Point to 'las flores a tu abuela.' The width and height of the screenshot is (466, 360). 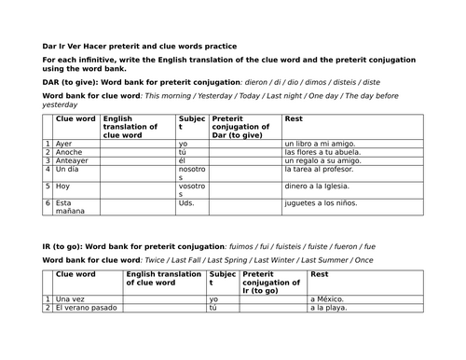tap(323, 152)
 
